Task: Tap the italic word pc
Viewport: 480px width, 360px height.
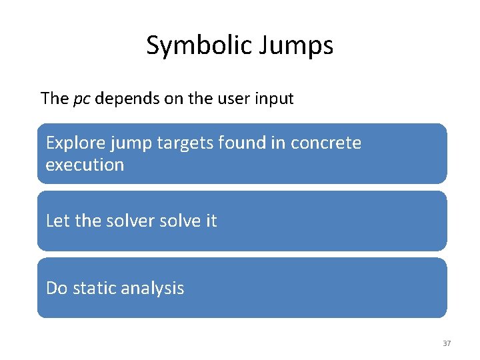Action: (x=81, y=99)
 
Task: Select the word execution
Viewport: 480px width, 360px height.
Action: (x=85, y=165)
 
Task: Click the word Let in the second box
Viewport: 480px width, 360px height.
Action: (x=57, y=221)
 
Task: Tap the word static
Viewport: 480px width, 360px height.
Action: (x=93, y=288)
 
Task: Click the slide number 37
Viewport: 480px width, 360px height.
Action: (x=447, y=343)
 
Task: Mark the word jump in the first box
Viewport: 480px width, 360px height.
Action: (x=134, y=143)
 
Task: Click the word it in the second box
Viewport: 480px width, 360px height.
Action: (x=211, y=221)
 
